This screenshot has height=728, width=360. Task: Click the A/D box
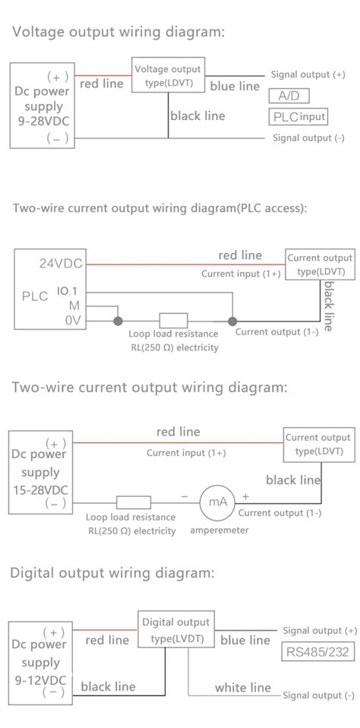click(x=289, y=96)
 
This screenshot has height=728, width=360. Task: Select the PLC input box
click(x=298, y=116)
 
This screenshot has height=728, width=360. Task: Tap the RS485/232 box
click(x=317, y=651)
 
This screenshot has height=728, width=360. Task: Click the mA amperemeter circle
click(x=217, y=502)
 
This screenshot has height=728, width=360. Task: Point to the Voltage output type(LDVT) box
click(x=168, y=74)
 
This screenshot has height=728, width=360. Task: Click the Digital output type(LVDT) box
click(x=176, y=629)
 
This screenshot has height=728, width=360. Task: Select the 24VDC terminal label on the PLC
click(x=60, y=264)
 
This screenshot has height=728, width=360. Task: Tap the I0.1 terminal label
click(x=68, y=292)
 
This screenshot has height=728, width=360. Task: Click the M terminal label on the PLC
click(x=74, y=305)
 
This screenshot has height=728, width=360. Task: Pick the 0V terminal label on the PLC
click(x=74, y=320)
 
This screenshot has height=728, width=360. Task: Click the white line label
click(x=242, y=687)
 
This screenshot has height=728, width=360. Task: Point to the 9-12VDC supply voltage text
click(x=40, y=680)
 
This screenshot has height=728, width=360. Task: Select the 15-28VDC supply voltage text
click(x=40, y=489)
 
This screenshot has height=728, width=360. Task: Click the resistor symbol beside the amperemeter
click(x=134, y=502)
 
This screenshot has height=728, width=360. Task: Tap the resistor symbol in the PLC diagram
click(x=173, y=321)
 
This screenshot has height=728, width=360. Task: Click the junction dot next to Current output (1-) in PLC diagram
click(x=232, y=321)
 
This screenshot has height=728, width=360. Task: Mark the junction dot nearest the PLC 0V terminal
click(x=118, y=321)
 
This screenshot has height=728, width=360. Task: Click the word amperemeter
click(x=219, y=530)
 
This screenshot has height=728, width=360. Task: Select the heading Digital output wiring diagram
click(x=112, y=573)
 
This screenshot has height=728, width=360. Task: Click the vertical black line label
click(x=328, y=306)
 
